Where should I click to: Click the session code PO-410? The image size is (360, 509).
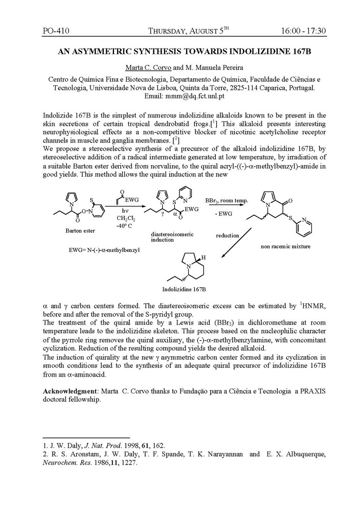tap(56, 31)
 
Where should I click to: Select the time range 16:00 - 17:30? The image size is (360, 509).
tap(303, 31)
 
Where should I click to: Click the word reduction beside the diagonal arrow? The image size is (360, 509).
tap(227, 235)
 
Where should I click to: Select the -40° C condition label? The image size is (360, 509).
tap(125, 225)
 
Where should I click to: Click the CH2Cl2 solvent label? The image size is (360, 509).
tap(125, 218)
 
